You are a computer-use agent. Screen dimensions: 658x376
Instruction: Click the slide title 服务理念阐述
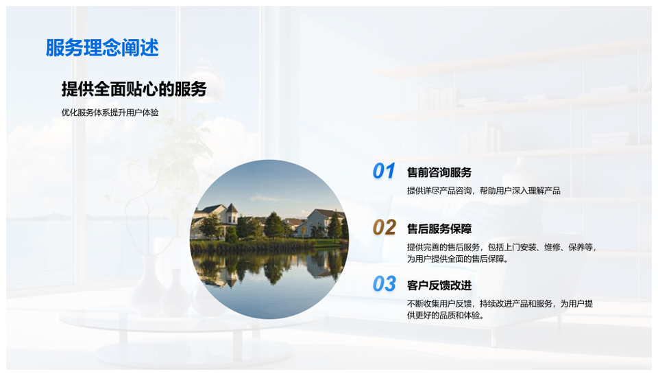click(x=102, y=47)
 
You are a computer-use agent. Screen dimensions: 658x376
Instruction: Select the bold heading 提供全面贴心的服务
click(x=134, y=89)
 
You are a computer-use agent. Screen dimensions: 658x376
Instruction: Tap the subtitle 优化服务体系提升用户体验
click(x=110, y=113)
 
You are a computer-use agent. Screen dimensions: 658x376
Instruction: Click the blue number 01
click(x=384, y=171)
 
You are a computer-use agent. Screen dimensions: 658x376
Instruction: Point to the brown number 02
click(x=384, y=227)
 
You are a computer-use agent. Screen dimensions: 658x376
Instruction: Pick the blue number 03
click(x=384, y=284)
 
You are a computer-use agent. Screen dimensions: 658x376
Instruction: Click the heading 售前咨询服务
click(x=439, y=172)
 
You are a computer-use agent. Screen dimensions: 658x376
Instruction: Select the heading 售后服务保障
click(x=439, y=229)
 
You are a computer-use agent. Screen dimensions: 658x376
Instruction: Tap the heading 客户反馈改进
click(x=439, y=285)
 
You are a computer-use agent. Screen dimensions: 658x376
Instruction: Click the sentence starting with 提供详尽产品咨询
click(x=483, y=191)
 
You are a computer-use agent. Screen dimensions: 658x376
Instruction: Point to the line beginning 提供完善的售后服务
click(x=502, y=247)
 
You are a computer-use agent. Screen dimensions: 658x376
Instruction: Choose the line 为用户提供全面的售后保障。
click(x=458, y=259)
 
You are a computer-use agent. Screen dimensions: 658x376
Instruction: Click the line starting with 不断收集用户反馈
click(x=500, y=303)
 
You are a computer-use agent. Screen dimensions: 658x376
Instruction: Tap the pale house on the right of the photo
click(x=324, y=223)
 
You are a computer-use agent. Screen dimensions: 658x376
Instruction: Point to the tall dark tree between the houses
click(x=273, y=226)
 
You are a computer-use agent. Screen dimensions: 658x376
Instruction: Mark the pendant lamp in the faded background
click(x=206, y=80)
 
